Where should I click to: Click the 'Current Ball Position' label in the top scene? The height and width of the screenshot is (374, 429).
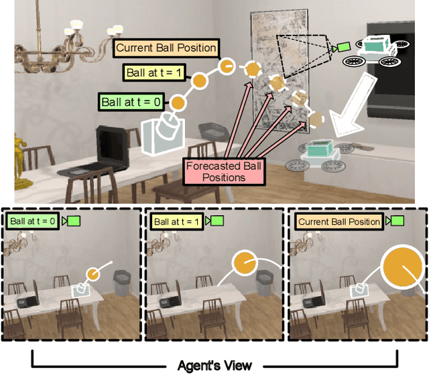166,48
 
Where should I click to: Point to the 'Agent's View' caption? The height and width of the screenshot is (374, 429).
214,365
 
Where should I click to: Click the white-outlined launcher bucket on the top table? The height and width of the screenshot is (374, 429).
163,133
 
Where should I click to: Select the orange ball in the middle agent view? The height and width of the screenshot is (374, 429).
244,267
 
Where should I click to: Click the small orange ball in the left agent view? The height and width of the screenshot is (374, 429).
93,273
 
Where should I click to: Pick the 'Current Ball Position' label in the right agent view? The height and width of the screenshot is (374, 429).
339,221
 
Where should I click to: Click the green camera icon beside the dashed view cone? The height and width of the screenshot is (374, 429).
343,47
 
